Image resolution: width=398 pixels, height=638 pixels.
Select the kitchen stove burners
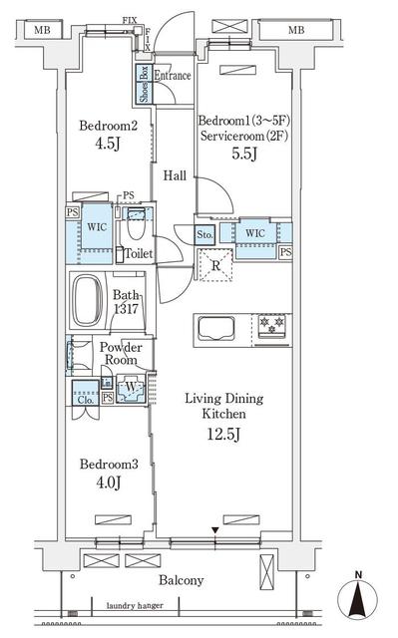[271, 325]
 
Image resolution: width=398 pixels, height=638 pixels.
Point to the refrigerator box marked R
[215, 265]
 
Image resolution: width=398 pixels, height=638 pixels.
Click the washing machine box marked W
[130, 388]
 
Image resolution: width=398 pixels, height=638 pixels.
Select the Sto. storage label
[204, 235]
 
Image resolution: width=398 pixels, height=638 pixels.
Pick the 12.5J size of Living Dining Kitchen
[225, 435]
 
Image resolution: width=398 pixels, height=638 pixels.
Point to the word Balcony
[181, 579]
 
